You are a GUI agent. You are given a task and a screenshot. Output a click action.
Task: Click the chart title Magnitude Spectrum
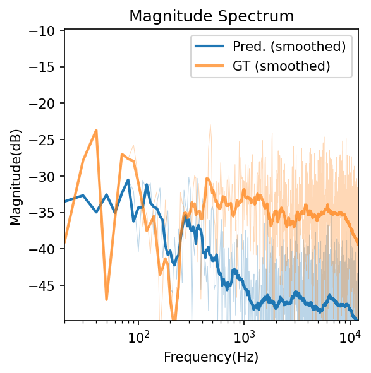tap(211, 16)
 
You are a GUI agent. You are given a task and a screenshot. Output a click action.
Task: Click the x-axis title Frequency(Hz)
tap(211, 357)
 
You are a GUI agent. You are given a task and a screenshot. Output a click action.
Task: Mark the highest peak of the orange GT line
tap(96, 130)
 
